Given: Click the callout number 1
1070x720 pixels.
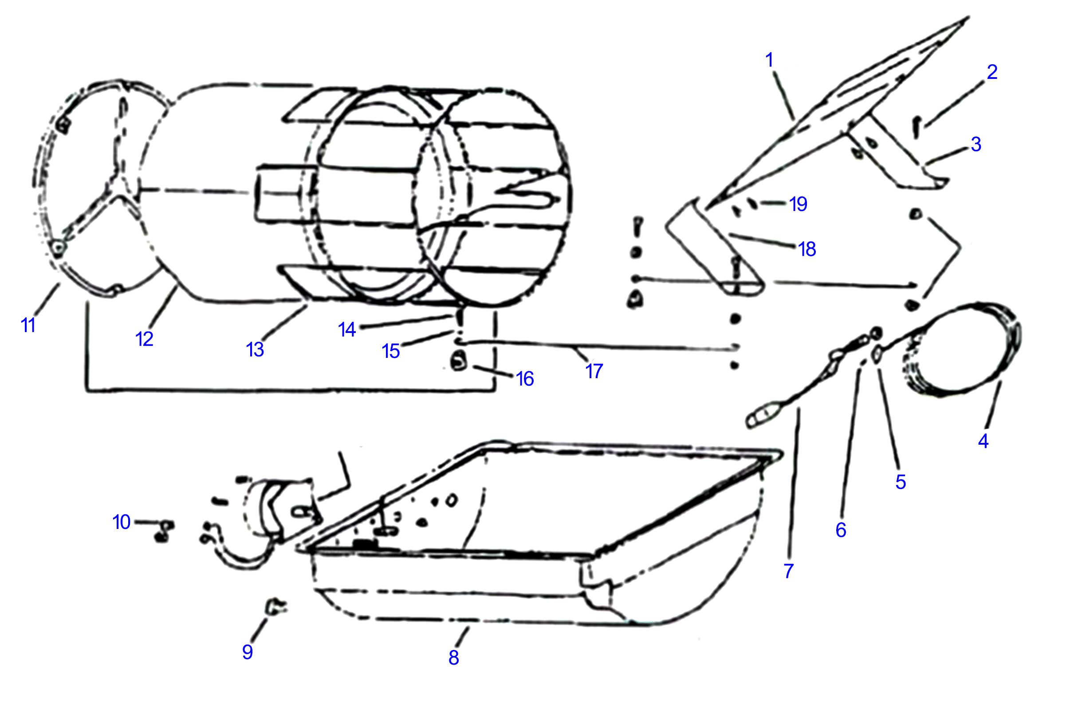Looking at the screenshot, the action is point(770,60).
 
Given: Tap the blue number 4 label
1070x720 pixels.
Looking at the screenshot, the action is point(983,441).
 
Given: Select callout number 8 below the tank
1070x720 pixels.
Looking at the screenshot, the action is point(454,657).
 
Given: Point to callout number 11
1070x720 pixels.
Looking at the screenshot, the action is point(28,325).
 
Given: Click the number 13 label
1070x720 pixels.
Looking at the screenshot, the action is point(255,349).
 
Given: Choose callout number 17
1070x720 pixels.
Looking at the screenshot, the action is point(594,371).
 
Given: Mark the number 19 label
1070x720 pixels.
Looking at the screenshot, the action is point(799,204).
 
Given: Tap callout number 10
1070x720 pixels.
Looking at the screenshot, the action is point(121,522).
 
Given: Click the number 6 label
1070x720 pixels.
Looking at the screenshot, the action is point(841,530).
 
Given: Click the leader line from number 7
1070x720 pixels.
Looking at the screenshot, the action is point(794,482).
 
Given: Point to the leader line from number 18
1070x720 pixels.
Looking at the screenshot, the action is point(763,241).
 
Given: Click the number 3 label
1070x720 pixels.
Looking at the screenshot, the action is point(976,144).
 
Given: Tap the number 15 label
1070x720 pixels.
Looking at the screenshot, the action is point(390,351).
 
